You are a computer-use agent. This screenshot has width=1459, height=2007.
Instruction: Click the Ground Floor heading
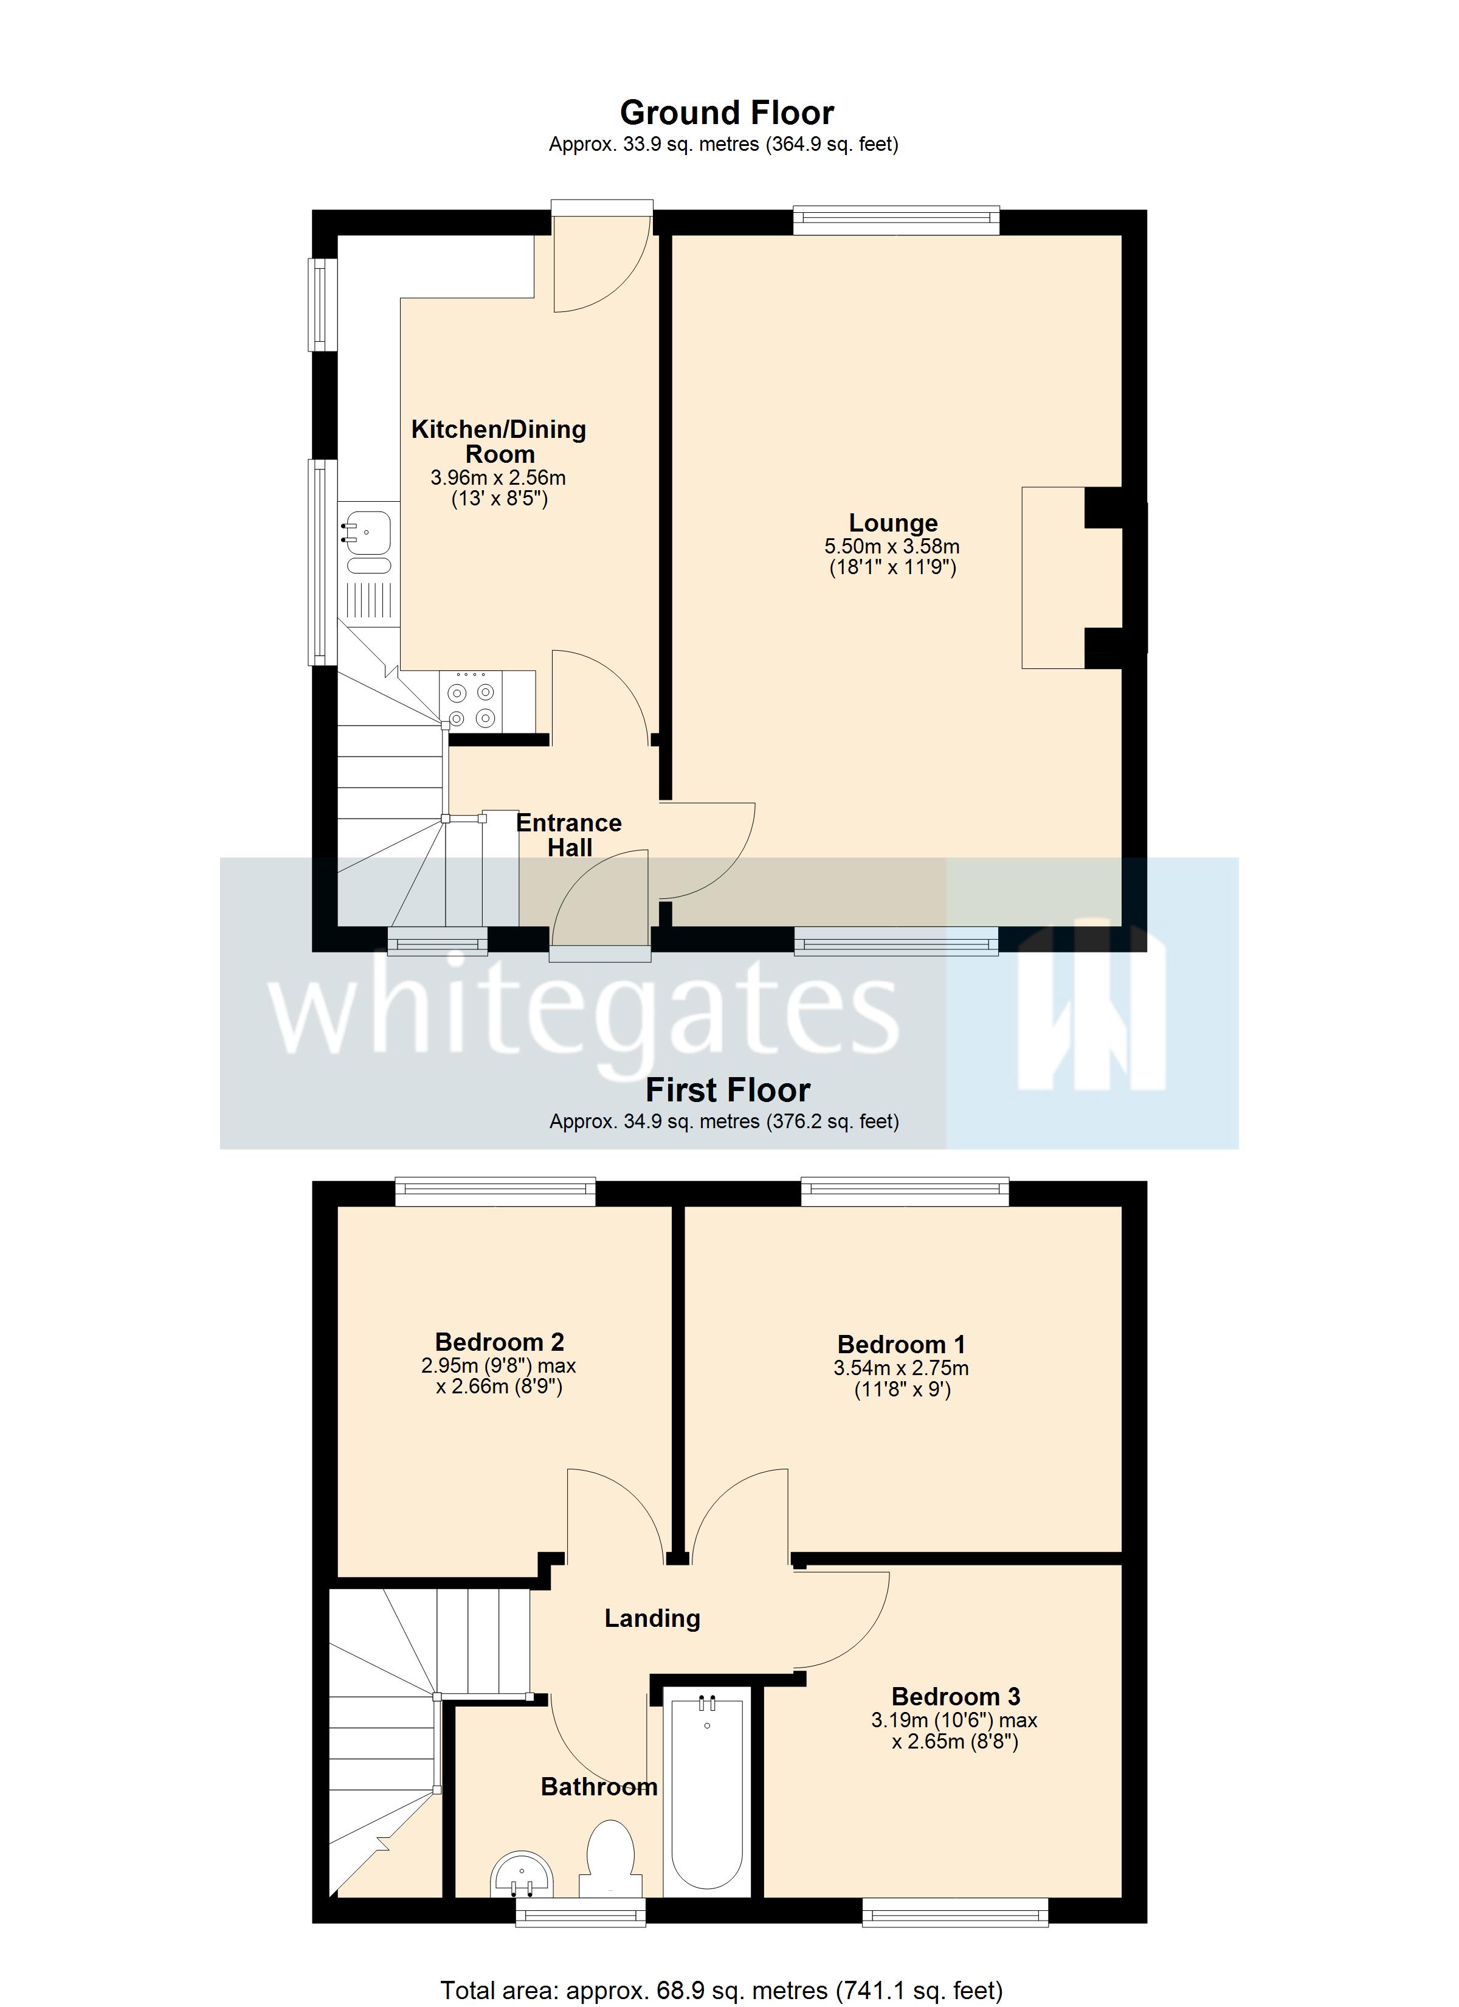point(726,113)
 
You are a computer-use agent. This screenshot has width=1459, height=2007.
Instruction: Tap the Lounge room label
point(893,523)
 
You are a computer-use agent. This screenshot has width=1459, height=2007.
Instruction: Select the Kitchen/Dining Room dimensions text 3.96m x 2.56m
point(498,478)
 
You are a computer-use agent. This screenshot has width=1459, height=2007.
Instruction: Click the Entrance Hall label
point(569,836)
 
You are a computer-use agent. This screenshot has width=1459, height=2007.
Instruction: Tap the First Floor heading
point(727,1090)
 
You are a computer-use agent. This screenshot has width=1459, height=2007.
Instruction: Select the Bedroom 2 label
point(499,1342)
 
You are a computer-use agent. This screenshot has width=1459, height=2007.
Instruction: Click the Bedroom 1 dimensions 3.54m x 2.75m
point(901,1368)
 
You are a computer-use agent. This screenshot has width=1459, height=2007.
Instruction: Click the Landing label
point(652,1618)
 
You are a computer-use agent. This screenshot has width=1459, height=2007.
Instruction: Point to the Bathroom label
point(599,1787)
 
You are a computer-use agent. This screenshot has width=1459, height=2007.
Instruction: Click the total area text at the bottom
point(721,1990)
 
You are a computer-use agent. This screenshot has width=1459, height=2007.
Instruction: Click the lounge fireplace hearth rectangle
point(1053,577)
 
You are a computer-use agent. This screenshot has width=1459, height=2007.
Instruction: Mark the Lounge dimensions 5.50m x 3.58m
point(892,547)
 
